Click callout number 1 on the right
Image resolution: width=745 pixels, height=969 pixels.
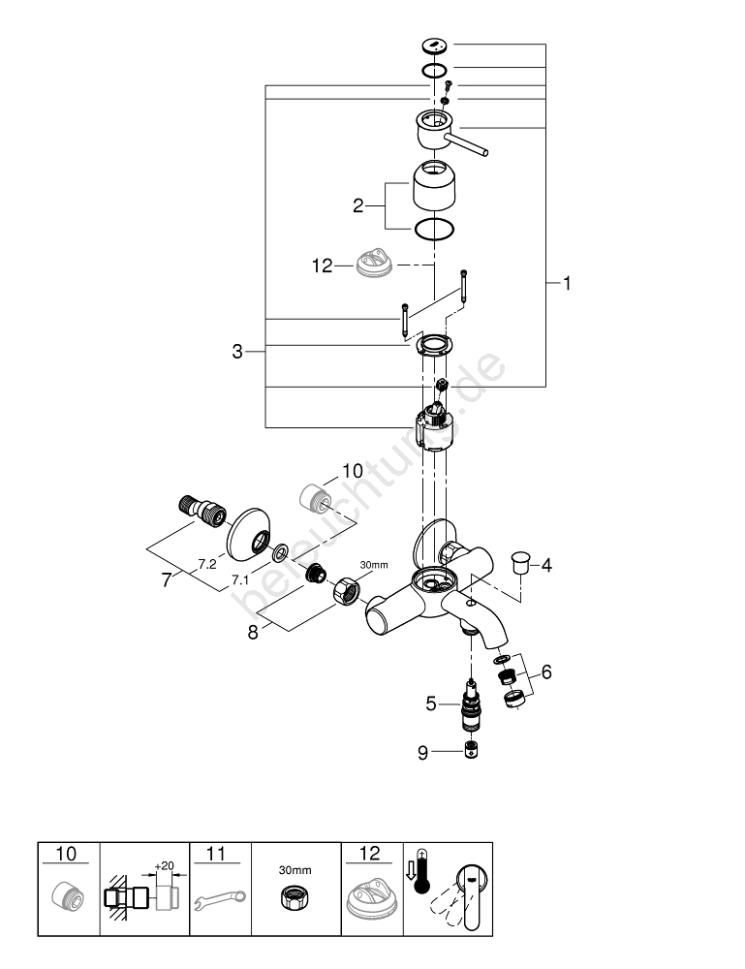click(x=568, y=284)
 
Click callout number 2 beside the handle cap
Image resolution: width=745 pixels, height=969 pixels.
click(x=357, y=205)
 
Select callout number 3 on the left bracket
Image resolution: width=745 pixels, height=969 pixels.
click(x=237, y=352)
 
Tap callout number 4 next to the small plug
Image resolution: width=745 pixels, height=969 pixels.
click(x=546, y=565)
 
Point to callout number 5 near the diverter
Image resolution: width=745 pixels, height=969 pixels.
click(x=431, y=704)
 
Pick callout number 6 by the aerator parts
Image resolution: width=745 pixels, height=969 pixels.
click(x=546, y=672)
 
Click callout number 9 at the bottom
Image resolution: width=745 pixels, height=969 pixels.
click(x=422, y=750)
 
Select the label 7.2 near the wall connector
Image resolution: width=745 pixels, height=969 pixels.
click(x=205, y=563)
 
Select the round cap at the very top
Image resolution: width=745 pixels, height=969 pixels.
click(x=435, y=46)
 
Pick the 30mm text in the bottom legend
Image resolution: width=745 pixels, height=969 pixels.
click(x=295, y=868)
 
